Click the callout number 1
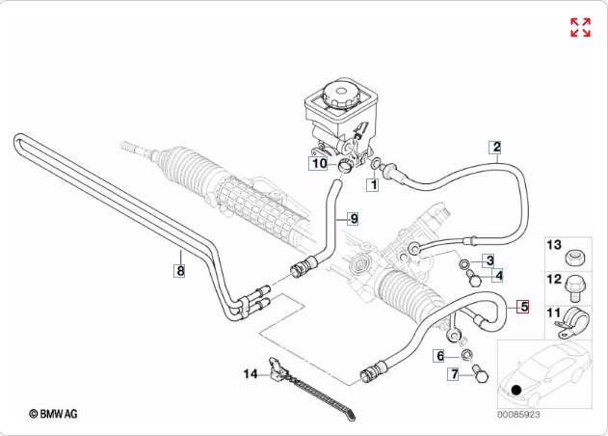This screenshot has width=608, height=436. coord(372,181)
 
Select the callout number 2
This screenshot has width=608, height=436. coord(496,148)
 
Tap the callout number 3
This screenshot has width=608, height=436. coord(489,260)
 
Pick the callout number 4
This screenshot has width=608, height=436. coord(497,276)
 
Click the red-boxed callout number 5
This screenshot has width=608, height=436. coord(523,308)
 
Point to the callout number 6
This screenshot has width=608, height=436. coord(440,356)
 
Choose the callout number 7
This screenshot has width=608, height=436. coord(453,373)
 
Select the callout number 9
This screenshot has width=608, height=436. coord(353,219)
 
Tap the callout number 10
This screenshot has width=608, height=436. coord(319,164)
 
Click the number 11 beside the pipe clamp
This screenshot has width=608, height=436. coord(553,312)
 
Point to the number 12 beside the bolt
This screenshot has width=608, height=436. coord(553,280)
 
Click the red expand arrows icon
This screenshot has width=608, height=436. coord(580,27)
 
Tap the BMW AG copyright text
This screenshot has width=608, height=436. coord(54,412)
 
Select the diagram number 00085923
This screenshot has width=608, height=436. coord(518,414)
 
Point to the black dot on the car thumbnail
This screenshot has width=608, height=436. coord(518,391)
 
